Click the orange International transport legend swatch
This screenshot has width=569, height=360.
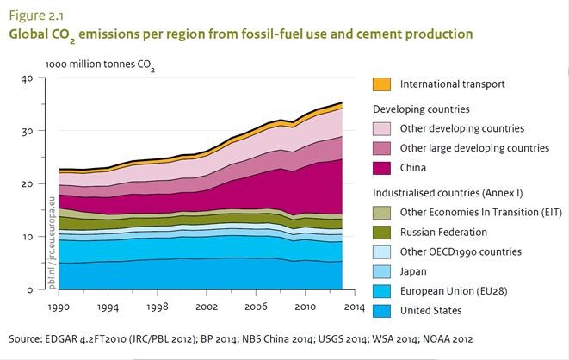[x=381, y=84]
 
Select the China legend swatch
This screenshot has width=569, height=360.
[x=381, y=168]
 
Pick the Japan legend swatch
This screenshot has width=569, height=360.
[x=381, y=271]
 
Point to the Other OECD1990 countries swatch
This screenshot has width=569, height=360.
[x=381, y=251]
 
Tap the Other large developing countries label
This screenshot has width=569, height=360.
[x=474, y=148]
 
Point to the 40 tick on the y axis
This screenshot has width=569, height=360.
[x=27, y=78]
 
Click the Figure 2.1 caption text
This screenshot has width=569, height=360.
[x=32, y=16]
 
